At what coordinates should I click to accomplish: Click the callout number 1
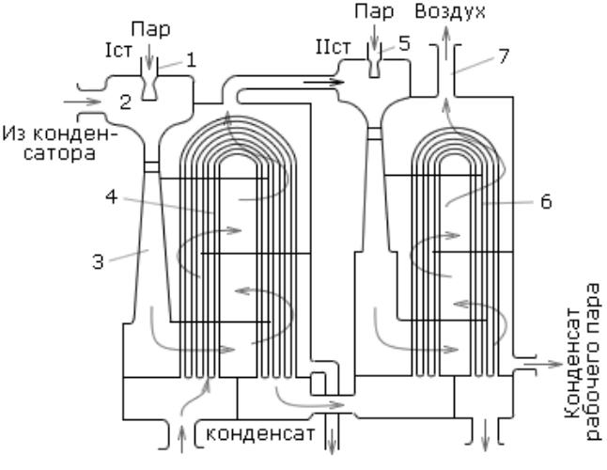(x=191, y=61)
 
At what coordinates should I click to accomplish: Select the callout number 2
(x=125, y=102)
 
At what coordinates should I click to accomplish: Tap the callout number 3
(x=99, y=261)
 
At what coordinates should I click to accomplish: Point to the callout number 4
(x=112, y=197)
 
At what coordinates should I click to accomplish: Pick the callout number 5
(x=404, y=44)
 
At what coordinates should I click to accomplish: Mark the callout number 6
(x=546, y=202)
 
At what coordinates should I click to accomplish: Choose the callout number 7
(x=504, y=56)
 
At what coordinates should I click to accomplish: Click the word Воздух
(x=450, y=11)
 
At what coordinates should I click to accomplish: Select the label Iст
(x=118, y=51)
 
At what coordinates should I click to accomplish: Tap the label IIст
(x=334, y=47)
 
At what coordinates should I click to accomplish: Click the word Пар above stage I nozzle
(x=150, y=29)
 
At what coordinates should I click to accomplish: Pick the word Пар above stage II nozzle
(x=374, y=11)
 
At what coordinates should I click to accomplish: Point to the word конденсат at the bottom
(x=260, y=434)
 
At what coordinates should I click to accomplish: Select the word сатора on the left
(x=59, y=153)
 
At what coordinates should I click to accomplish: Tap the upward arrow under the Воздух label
(x=446, y=42)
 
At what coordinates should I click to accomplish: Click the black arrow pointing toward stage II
(x=323, y=82)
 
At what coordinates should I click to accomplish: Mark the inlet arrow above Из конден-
(x=82, y=102)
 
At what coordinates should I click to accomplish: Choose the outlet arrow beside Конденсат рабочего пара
(x=543, y=364)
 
